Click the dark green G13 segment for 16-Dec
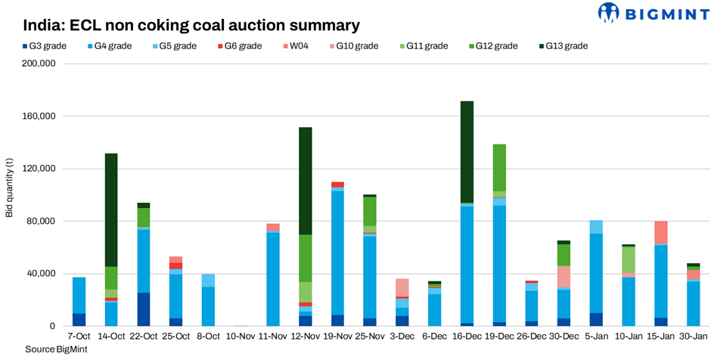[467, 151]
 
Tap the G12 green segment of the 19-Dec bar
[499, 167]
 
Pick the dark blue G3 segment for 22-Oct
[144, 309]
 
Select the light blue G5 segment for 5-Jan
[596, 227]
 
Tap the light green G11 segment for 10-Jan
[629, 260]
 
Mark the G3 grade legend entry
[45, 46]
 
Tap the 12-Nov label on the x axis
[306, 336]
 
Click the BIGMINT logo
[651, 13]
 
